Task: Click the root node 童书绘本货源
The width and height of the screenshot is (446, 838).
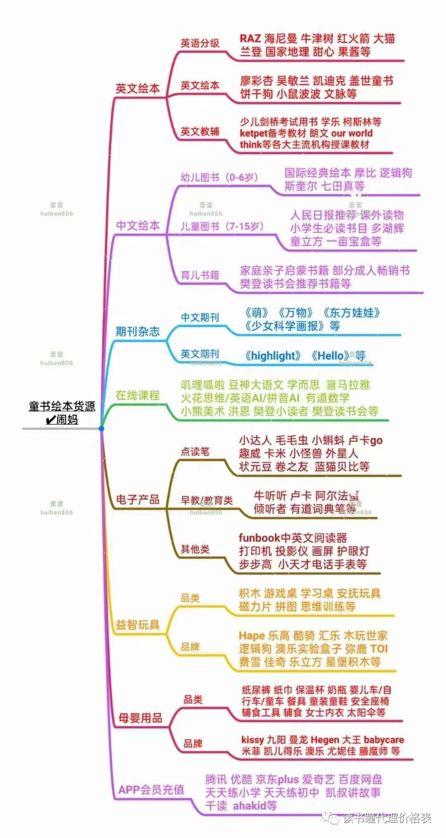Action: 62,407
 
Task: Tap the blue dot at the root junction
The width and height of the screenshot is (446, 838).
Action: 101,429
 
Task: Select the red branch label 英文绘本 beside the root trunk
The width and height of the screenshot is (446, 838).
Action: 138,88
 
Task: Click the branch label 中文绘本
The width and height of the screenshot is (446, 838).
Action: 138,226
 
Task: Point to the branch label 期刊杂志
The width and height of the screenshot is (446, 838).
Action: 138,331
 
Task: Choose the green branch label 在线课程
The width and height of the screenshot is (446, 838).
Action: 138,395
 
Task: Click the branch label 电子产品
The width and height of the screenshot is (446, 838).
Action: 138,500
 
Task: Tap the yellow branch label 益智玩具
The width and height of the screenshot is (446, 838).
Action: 138,624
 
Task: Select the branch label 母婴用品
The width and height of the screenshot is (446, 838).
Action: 140,718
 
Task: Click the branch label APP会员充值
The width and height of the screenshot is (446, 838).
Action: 151,790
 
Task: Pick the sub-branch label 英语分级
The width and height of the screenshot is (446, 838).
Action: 200,43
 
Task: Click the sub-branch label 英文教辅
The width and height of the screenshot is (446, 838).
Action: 200,132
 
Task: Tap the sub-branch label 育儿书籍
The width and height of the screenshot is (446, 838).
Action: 200,275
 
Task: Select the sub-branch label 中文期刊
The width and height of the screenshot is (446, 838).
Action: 200,317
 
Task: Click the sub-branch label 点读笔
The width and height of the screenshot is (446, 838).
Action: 195,452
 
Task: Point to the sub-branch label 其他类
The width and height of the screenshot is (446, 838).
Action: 195,549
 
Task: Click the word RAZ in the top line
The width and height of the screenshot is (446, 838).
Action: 250,39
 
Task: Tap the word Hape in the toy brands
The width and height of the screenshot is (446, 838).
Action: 251,636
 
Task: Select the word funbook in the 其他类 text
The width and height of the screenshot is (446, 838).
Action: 259,538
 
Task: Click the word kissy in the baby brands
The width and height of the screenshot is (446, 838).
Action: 252,740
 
